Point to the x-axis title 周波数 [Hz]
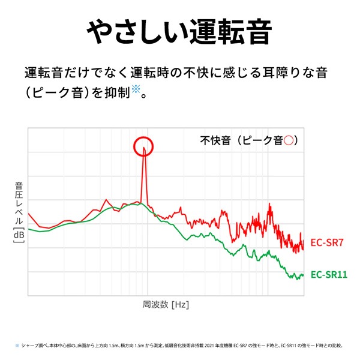click(x=166, y=304)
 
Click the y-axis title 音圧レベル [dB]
click(x=18, y=213)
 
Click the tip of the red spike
click(x=144, y=148)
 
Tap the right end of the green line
click(x=303, y=275)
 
